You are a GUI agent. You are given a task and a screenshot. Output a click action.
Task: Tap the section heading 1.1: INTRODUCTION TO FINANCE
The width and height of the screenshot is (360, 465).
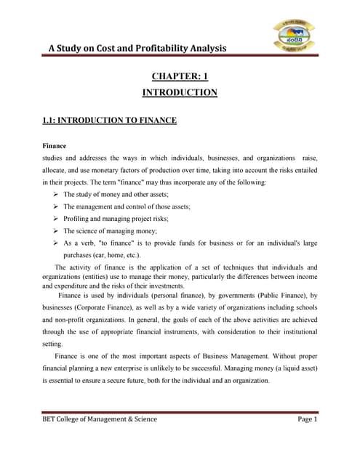[x=109, y=120]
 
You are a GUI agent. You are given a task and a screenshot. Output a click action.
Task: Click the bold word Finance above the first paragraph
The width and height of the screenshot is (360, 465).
[x=55, y=146]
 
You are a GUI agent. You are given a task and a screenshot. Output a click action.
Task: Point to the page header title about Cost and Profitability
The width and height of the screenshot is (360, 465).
[x=137, y=48]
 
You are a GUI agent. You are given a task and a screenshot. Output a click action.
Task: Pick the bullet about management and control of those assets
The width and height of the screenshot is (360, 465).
[x=127, y=206]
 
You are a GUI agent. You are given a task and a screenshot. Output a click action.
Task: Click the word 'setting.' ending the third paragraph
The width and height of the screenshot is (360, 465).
[x=55, y=344]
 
